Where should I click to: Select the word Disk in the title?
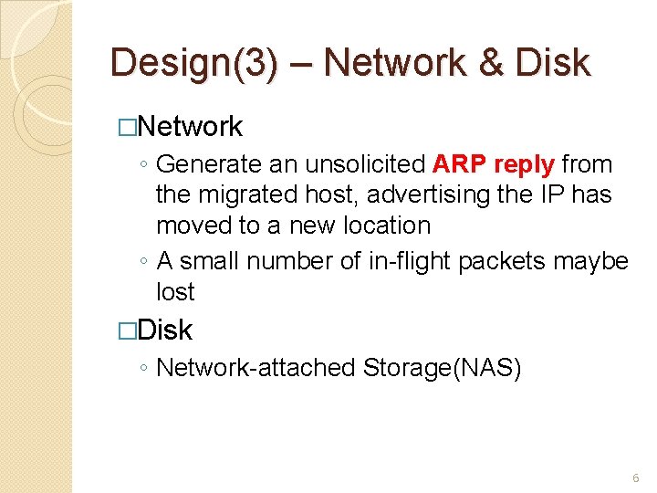tap(553, 63)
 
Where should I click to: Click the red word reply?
tap(525, 165)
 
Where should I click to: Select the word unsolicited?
tap(365, 164)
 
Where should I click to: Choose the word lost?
tap(175, 291)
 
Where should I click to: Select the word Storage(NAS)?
tap(442, 367)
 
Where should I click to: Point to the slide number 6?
tap(635, 478)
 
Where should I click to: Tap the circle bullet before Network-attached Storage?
tap(145, 368)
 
